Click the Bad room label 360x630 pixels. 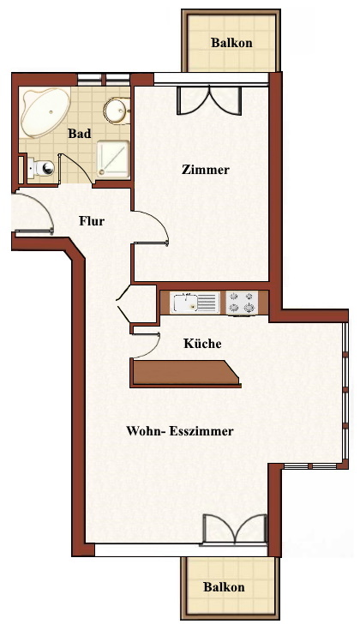tap(79, 134)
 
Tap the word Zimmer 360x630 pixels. tap(206, 170)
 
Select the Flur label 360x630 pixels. tap(92, 221)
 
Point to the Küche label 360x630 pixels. tap(202, 344)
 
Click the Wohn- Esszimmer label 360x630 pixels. tap(180, 431)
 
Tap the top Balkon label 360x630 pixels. tap(231, 43)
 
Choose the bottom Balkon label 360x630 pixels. tap(224, 587)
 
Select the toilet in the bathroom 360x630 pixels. tap(41, 167)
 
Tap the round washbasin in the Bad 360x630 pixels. tap(117, 111)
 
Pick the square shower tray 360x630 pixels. tap(113, 159)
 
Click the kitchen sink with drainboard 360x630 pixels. tap(195, 303)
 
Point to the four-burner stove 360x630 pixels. tap(242, 303)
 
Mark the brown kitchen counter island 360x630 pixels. tap(185, 373)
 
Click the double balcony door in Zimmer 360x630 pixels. tap(209, 100)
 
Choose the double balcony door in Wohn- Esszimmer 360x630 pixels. tap(235, 530)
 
